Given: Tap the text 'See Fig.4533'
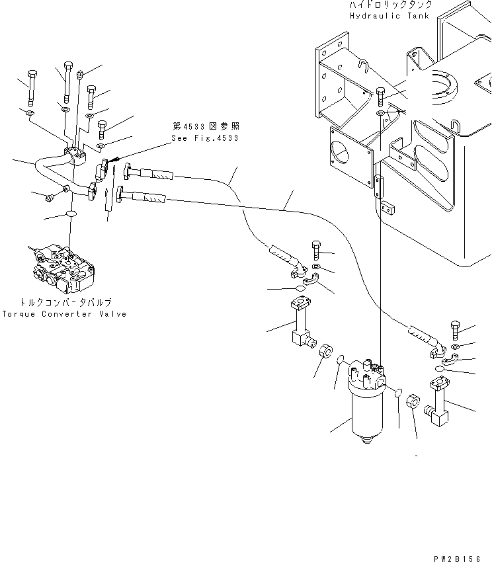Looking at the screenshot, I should [x=204, y=138].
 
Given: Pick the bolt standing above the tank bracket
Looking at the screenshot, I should [x=380, y=97].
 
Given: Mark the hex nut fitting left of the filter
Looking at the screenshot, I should [x=325, y=351].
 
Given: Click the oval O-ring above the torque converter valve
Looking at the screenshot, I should [x=72, y=215].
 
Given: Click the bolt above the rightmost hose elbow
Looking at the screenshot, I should [x=457, y=329].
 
